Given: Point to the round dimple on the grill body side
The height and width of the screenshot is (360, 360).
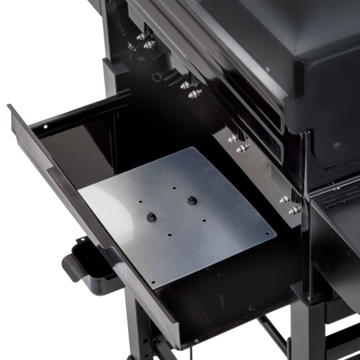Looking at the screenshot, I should [336, 147].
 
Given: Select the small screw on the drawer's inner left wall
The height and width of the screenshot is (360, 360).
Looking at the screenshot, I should [45, 126].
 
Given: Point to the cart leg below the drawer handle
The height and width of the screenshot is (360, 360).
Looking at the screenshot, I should [141, 337].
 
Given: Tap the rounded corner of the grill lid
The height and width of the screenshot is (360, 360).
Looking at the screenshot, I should [300, 70].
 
